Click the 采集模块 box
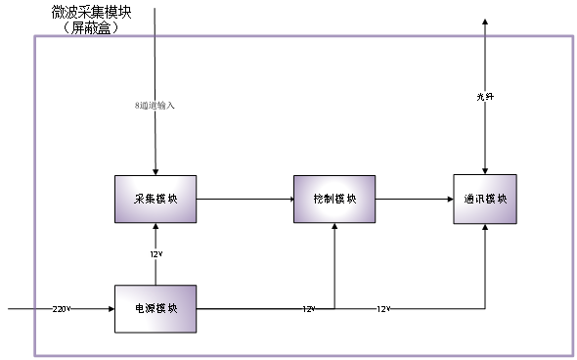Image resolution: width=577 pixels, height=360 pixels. pos(155,199)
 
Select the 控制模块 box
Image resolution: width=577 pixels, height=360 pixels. pos(334,199)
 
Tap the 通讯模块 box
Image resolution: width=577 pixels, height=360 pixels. pos(485,199)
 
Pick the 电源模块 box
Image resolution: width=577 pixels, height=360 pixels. pos(155,308)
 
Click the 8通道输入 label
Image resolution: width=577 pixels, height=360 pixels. pos(155,105)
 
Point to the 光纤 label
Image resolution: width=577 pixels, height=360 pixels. pos(485,96)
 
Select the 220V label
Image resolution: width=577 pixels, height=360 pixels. pos(62,309)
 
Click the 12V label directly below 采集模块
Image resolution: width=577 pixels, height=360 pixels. pos(155,254)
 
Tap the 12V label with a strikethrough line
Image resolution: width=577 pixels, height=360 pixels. pos(308,309)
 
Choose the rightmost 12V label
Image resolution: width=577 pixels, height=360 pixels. pos(383,309)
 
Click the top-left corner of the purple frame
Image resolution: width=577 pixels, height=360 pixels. pos(35,37)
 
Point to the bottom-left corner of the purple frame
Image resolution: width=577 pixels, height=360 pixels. pos(35,355)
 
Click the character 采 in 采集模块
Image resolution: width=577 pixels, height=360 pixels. pos(139,199)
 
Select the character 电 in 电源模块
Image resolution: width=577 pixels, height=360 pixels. pos(140,308)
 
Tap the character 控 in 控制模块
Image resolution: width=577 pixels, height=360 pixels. pos(318,199)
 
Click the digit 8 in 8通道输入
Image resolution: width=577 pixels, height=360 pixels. pos(138,105)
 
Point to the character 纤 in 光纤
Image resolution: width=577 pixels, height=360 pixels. pos(490,96)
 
